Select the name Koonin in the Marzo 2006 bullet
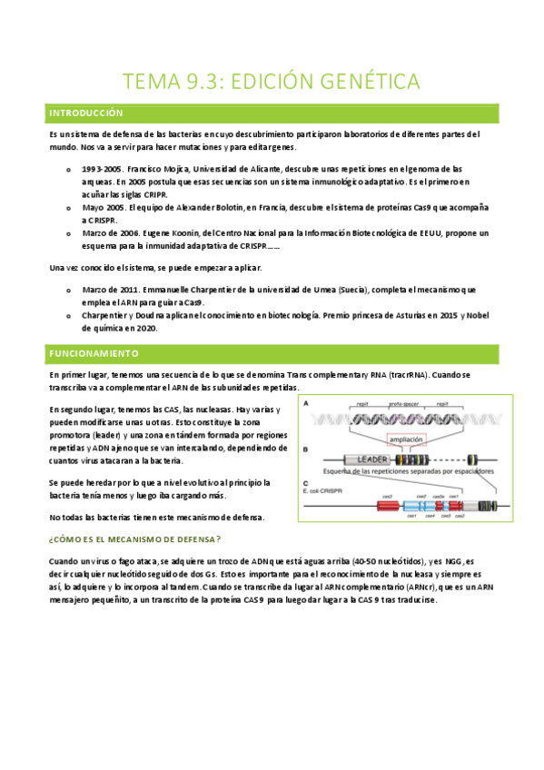coord(205,233)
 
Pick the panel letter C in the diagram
coord(306,482)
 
